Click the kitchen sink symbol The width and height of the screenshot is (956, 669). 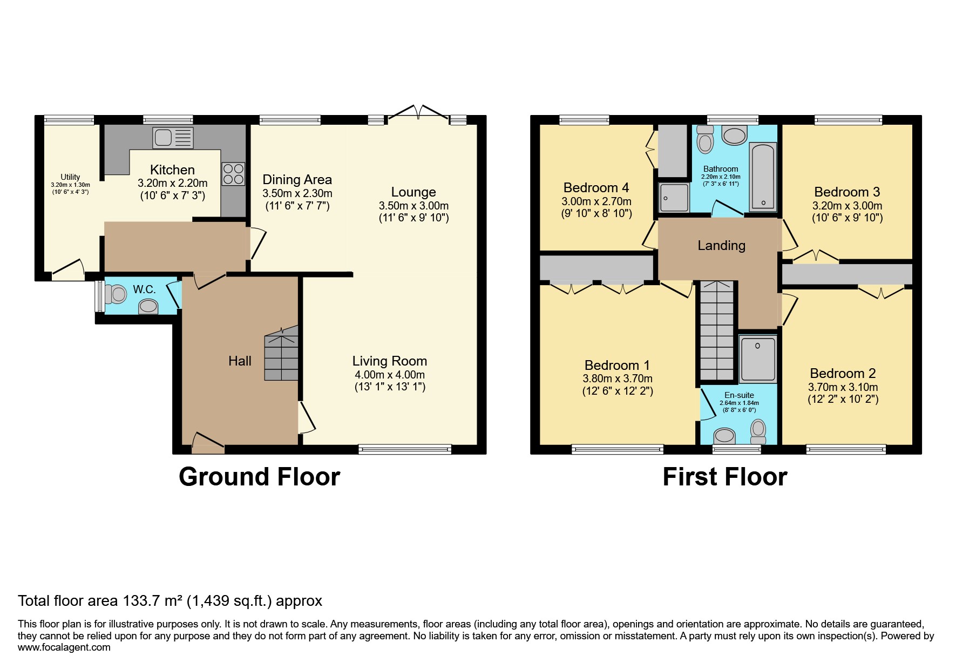coord(173,138)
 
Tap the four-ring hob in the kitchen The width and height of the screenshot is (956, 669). coord(233,174)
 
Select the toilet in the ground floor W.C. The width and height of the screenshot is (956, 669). coord(115,295)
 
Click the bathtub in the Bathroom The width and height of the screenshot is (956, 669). coord(763,176)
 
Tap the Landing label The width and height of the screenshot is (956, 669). coord(721,246)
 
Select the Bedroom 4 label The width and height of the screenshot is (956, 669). coord(596,188)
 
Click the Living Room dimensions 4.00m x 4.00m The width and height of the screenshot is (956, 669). coord(390,375)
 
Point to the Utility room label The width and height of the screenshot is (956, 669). coord(70,177)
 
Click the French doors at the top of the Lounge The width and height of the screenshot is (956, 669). coord(419,111)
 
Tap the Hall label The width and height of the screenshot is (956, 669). coord(240,361)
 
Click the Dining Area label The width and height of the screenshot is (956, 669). coord(297,180)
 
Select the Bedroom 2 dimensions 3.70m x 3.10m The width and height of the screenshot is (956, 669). coord(843,387)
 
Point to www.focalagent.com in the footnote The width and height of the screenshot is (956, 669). coord(64,647)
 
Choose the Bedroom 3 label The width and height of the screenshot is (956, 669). coord(847,192)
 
